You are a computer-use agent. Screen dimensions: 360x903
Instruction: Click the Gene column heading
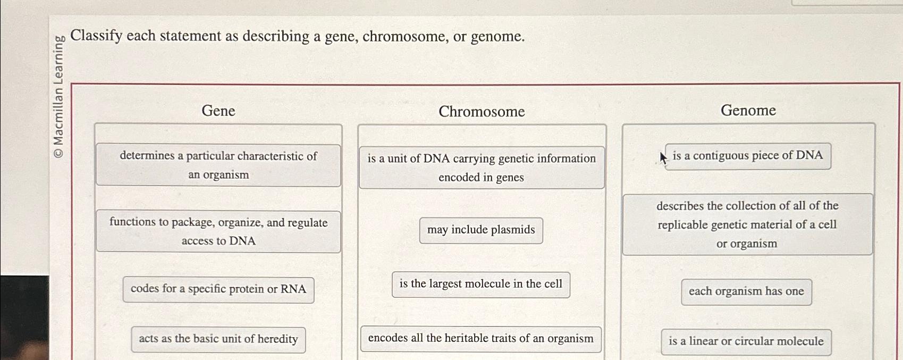(218, 111)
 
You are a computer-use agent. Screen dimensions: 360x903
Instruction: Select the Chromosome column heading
(482, 112)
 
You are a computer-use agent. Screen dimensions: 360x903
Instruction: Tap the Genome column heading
(748, 110)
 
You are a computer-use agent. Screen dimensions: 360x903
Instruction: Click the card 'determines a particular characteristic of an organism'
(218, 165)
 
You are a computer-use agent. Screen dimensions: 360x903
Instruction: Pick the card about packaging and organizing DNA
(218, 231)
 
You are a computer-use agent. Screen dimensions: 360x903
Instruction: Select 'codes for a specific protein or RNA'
(218, 289)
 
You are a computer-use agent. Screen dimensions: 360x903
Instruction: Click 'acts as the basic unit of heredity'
(218, 339)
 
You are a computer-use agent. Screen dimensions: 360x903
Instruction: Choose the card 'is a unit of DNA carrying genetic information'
(482, 168)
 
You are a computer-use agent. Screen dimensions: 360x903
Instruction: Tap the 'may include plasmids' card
(481, 230)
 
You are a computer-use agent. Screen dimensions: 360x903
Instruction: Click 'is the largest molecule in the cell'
(481, 284)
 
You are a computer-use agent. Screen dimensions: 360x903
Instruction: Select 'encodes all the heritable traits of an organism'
(481, 339)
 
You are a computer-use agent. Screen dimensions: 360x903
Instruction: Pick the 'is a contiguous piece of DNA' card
(748, 156)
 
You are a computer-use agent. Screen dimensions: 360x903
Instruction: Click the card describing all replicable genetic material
(747, 224)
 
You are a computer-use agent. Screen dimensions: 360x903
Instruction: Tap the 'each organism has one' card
(746, 291)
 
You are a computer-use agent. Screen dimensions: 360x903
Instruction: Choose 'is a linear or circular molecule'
(746, 341)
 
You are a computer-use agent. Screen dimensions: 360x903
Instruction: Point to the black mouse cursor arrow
(663, 158)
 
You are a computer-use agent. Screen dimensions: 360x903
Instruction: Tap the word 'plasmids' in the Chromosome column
(513, 230)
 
